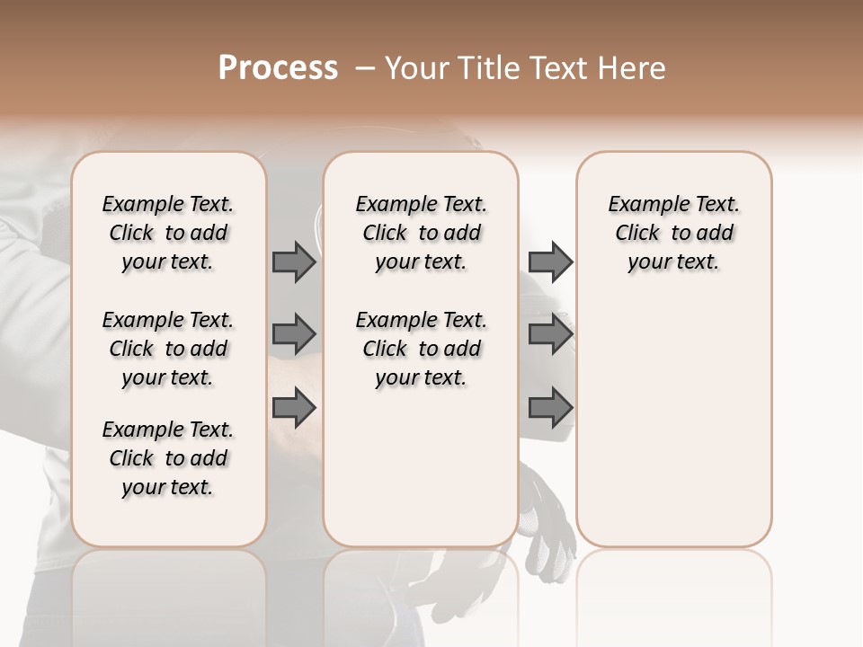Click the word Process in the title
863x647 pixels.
tap(278, 68)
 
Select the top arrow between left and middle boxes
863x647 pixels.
tap(294, 262)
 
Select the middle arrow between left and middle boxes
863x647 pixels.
tap(294, 334)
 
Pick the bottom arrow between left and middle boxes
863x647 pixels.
tap(294, 407)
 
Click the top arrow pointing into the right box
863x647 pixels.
tap(550, 262)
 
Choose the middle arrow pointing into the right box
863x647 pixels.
tap(550, 334)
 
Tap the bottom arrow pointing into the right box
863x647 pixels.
tap(550, 407)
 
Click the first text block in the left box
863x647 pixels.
tap(168, 233)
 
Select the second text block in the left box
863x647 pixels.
tap(168, 349)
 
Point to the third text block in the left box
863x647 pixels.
tap(168, 458)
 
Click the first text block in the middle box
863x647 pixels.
tap(421, 233)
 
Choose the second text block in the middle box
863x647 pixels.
tap(421, 349)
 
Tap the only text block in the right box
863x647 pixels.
tap(673, 233)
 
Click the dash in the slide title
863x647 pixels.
tap(365, 68)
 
